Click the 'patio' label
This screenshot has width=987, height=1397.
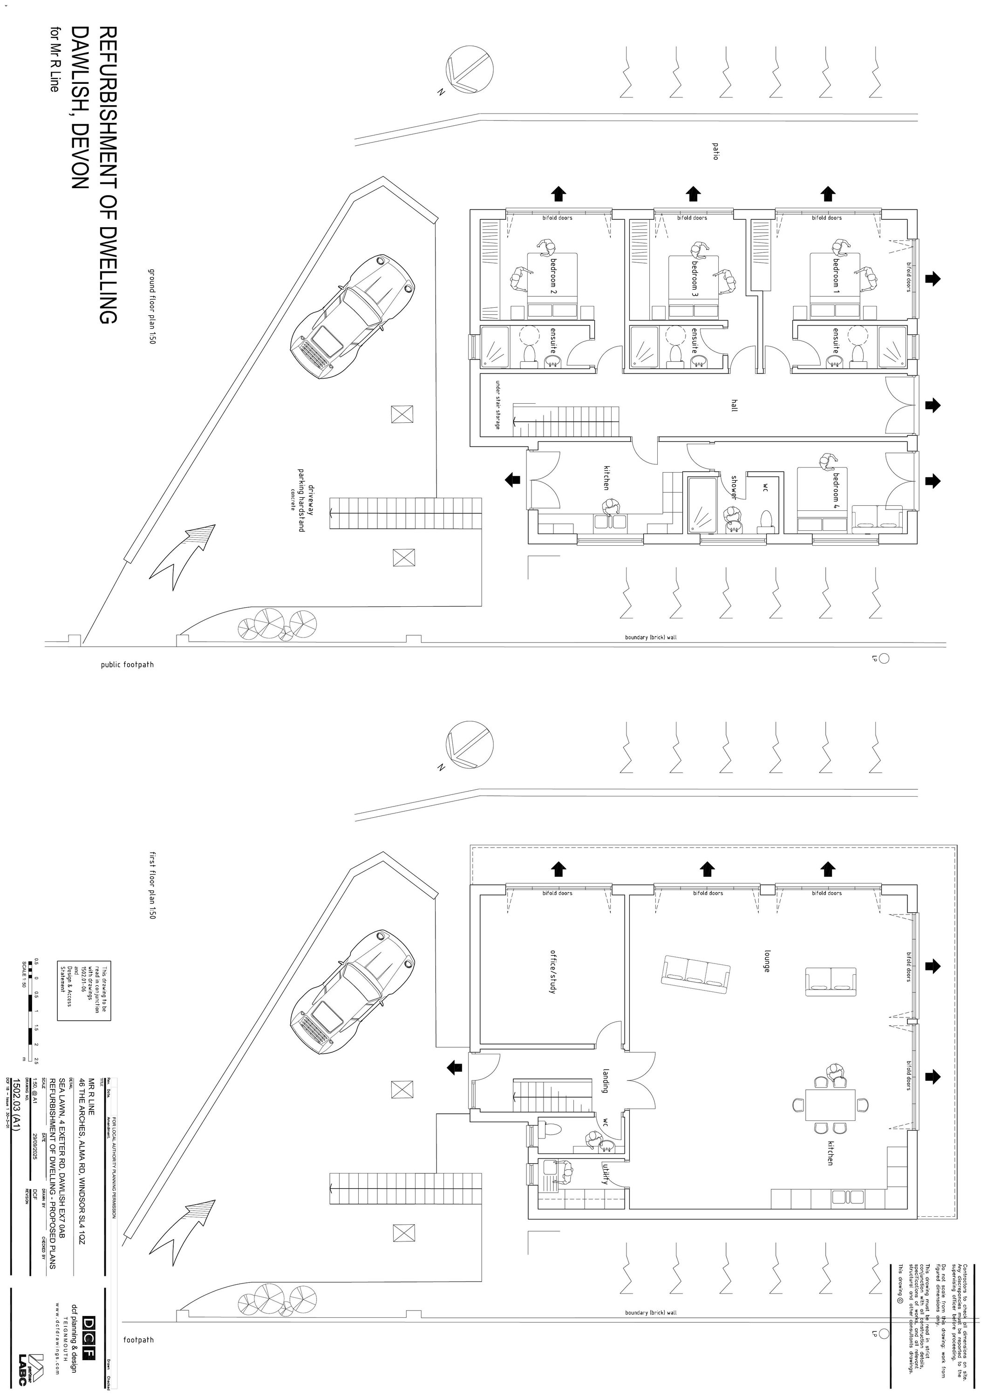(715, 151)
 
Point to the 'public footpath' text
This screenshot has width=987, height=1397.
(127, 665)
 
